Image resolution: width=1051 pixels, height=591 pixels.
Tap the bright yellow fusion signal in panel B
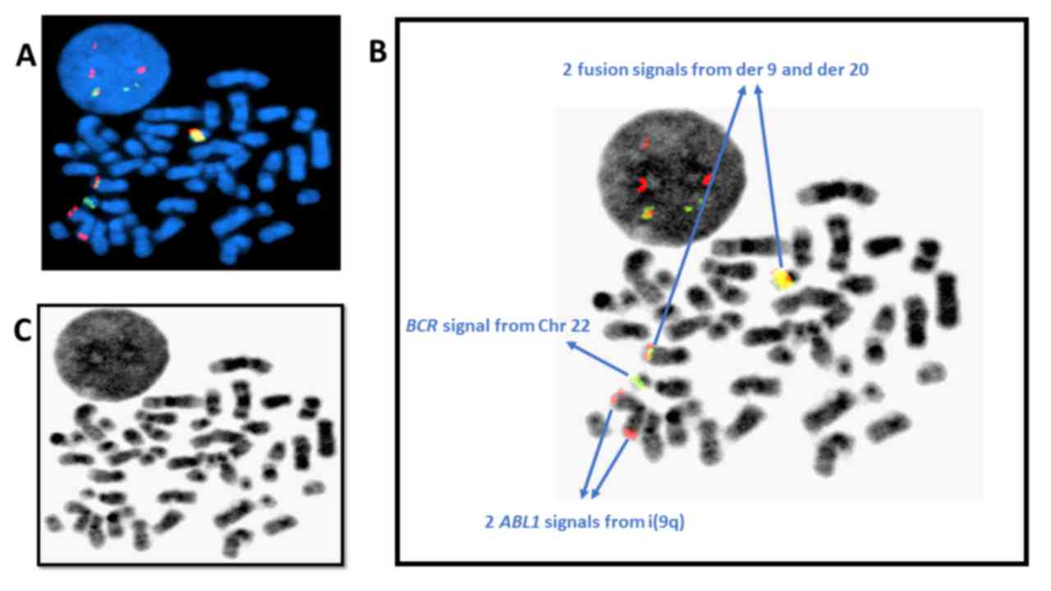click(784, 279)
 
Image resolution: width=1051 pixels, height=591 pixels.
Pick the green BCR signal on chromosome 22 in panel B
click(638, 380)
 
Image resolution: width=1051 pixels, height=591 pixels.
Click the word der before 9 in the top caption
click(746, 71)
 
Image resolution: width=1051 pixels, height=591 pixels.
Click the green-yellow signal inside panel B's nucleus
click(648, 213)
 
